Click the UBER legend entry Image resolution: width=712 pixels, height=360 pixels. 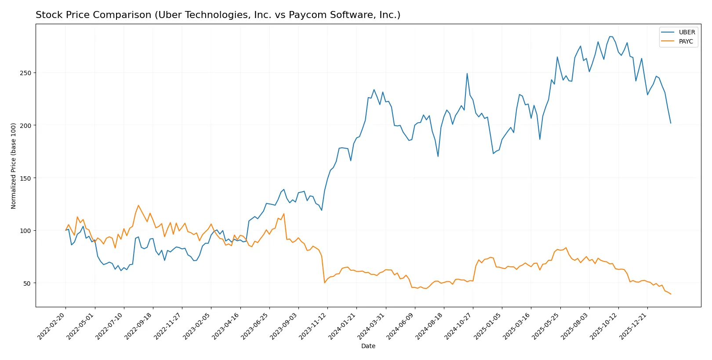click(x=687, y=32)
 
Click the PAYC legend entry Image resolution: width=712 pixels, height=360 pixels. click(x=686, y=41)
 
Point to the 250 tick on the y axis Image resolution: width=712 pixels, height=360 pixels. click(x=25, y=73)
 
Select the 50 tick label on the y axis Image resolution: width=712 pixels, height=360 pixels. click(x=27, y=283)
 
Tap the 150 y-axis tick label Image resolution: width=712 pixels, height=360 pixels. click(x=25, y=178)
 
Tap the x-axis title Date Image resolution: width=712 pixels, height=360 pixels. click(x=368, y=346)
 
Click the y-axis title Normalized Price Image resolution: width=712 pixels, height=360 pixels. click(x=14, y=166)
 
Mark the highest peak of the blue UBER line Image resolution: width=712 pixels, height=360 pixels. click(x=610, y=36)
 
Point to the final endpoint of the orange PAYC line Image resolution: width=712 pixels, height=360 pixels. click(x=671, y=294)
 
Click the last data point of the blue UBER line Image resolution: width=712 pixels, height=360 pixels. click(x=671, y=123)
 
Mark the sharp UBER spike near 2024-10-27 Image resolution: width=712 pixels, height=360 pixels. click(x=467, y=73)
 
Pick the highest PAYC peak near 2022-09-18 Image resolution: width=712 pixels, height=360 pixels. click(x=138, y=205)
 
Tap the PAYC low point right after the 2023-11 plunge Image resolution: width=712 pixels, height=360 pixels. click(x=324, y=283)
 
